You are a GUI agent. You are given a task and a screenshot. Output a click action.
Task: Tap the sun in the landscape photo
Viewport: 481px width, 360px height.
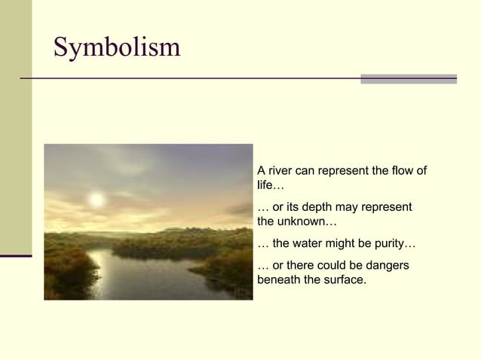tap(96, 200)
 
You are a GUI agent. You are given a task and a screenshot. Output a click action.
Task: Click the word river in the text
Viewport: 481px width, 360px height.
tap(281, 170)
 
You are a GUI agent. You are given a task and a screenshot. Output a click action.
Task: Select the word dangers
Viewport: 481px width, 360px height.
tap(389, 266)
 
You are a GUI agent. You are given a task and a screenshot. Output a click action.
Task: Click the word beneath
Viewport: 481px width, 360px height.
tap(280, 280)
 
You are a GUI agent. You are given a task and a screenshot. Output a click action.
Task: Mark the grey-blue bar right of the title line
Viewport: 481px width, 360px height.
tap(408, 78)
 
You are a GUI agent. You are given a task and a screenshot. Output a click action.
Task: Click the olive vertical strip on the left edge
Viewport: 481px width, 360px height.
tap(16, 128)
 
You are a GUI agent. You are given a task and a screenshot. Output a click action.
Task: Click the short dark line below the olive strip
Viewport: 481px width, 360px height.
tap(16, 256)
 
